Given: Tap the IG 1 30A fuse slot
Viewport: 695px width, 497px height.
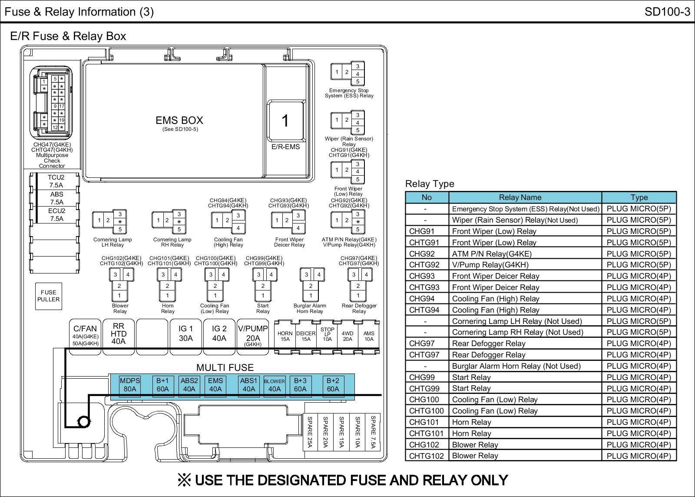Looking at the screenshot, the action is click(x=185, y=337).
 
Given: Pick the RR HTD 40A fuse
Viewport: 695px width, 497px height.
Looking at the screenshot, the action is click(x=118, y=337).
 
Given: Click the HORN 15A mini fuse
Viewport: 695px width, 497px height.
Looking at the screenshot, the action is click(x=285, y=337).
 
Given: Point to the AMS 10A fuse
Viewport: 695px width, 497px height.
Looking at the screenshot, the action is click(x=369, y=337).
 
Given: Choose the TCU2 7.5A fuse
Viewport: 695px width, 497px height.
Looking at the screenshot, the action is click(x=56, y=181).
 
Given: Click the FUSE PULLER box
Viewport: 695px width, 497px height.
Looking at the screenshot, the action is click(x=48, y=296).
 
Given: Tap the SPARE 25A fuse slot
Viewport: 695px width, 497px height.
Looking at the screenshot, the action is click(x=310, y=431).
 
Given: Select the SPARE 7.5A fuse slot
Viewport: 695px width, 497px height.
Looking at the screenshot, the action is click(x=373, y=431).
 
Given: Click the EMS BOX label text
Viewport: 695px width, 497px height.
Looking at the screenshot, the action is click(x=179, y=120).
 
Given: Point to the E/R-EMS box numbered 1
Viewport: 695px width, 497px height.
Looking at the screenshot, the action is click(x=285, y=120).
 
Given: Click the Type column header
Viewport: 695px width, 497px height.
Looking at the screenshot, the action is click(x=639, y=197).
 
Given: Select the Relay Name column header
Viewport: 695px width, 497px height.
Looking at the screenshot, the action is click(x=520, y=197).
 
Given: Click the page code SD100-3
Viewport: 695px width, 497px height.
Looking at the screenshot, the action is click(x=667, y=12).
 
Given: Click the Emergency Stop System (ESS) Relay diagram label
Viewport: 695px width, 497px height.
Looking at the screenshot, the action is click(x=349, y=93).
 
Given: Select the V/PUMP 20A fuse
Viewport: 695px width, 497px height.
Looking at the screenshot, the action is click(x=253, y=337).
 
